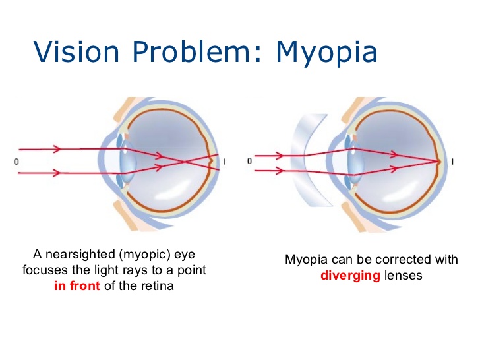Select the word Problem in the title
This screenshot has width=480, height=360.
coord(185,50)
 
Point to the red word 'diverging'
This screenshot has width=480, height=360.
coord(350,275)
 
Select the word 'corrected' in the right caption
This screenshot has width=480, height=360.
coord(393,259)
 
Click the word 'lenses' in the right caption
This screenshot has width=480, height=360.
coord(403,275)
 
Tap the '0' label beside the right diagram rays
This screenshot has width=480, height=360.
coord(249,160)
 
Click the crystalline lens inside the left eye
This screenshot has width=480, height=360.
coord(127,160)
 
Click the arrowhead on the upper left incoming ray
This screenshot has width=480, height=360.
coord(54,149)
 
